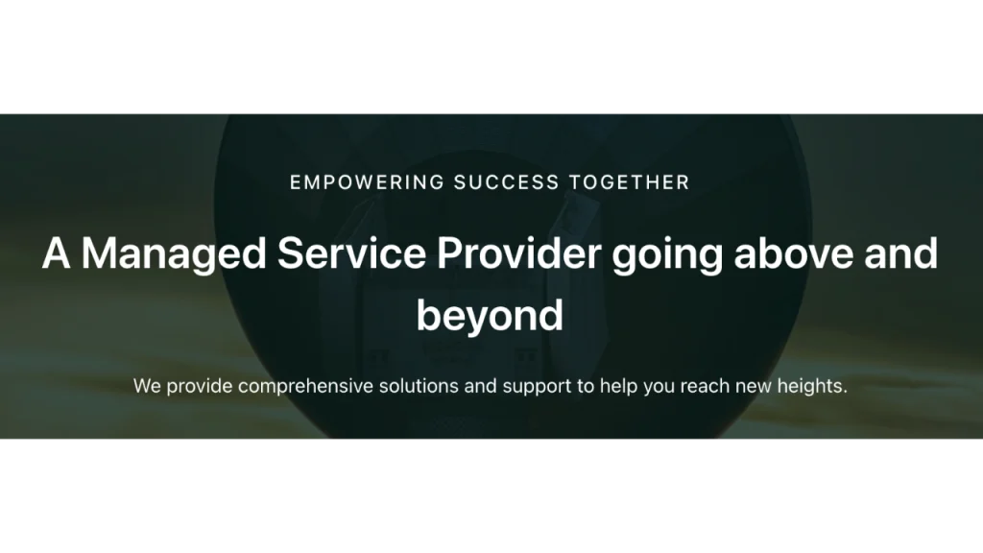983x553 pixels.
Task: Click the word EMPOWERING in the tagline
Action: tap(367, 182)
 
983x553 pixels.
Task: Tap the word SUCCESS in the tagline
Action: tap(507, 182)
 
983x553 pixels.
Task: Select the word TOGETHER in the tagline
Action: tap(630, 182)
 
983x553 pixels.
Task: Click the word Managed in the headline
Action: tap(174, 254)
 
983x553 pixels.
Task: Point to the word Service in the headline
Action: tap(351, 253)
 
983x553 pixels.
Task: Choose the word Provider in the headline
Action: tap(519, 253)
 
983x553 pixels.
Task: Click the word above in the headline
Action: tap(793, 253)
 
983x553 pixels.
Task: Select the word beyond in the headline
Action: tap(490, 315)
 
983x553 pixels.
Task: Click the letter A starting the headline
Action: tap(56, 253)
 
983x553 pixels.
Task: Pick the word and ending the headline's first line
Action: tap(900, 253)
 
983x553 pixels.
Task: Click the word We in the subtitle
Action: tap(147, 386)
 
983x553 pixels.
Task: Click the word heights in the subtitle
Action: tap(812, 387)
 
